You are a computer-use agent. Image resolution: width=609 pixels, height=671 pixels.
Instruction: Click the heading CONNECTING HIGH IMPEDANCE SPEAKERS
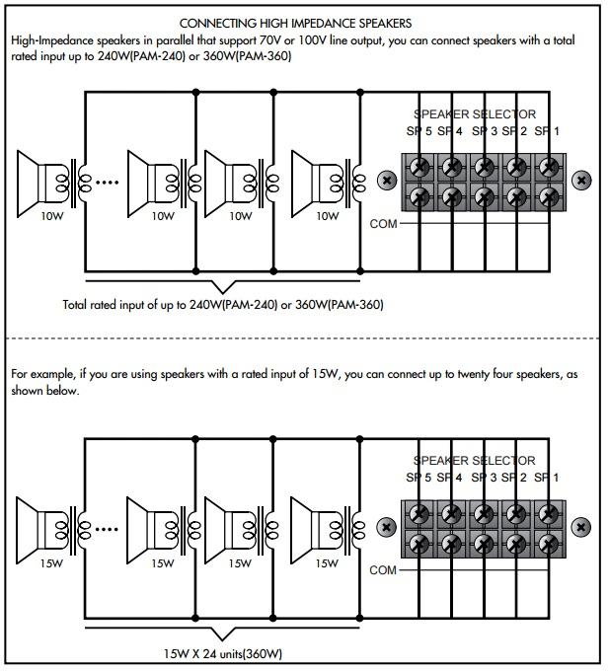(x=297, y=22)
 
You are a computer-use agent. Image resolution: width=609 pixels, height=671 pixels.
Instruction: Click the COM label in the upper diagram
(x=383, y=224)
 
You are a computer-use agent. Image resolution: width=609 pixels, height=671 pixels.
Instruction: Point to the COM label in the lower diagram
(x=383, y=570)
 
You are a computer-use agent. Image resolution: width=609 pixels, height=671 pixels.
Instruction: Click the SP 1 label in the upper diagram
(x=548, y=130)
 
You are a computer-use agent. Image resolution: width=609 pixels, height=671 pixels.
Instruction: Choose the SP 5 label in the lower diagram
(x=419, y=477)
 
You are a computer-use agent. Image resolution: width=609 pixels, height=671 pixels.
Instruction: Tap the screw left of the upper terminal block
(x=386, y=181)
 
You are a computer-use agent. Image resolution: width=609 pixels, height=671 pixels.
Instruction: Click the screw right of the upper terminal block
(x=582, y=181)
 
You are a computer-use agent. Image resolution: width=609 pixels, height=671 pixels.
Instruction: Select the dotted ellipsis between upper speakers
(x=100, y=182)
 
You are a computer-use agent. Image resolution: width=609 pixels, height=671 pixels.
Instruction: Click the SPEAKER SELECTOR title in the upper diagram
(x=475, y=114)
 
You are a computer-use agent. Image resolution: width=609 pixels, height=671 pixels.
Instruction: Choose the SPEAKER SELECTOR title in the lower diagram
(x=475, y=461)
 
